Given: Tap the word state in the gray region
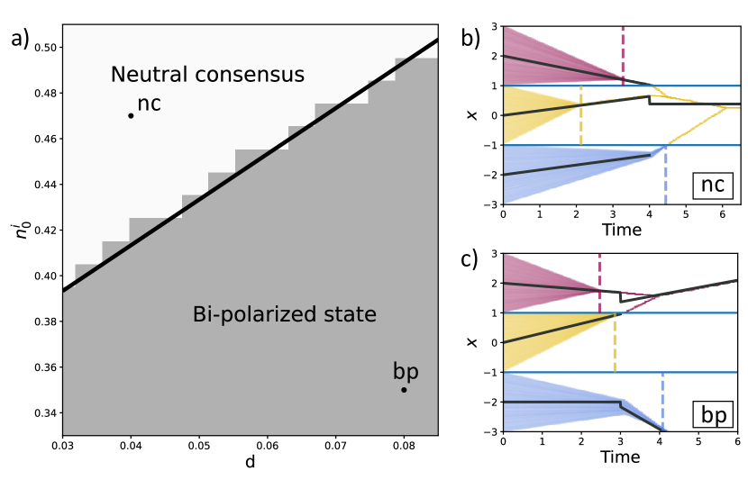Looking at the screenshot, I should [x=349, y=315].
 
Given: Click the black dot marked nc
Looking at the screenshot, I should [x=131, y=115].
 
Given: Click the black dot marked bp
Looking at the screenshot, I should [x=404, y=390].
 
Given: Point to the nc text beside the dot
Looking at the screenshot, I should [x=150, y=104].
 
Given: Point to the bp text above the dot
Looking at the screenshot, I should [x=406, y=372].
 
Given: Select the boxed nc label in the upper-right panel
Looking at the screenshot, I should [x=713, y=186].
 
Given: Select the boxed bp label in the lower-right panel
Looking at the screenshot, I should [x=713, y=415].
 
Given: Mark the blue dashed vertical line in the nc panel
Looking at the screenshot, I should [x=665, y=180].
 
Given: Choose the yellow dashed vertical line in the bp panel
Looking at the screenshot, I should [x=615, y=347].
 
